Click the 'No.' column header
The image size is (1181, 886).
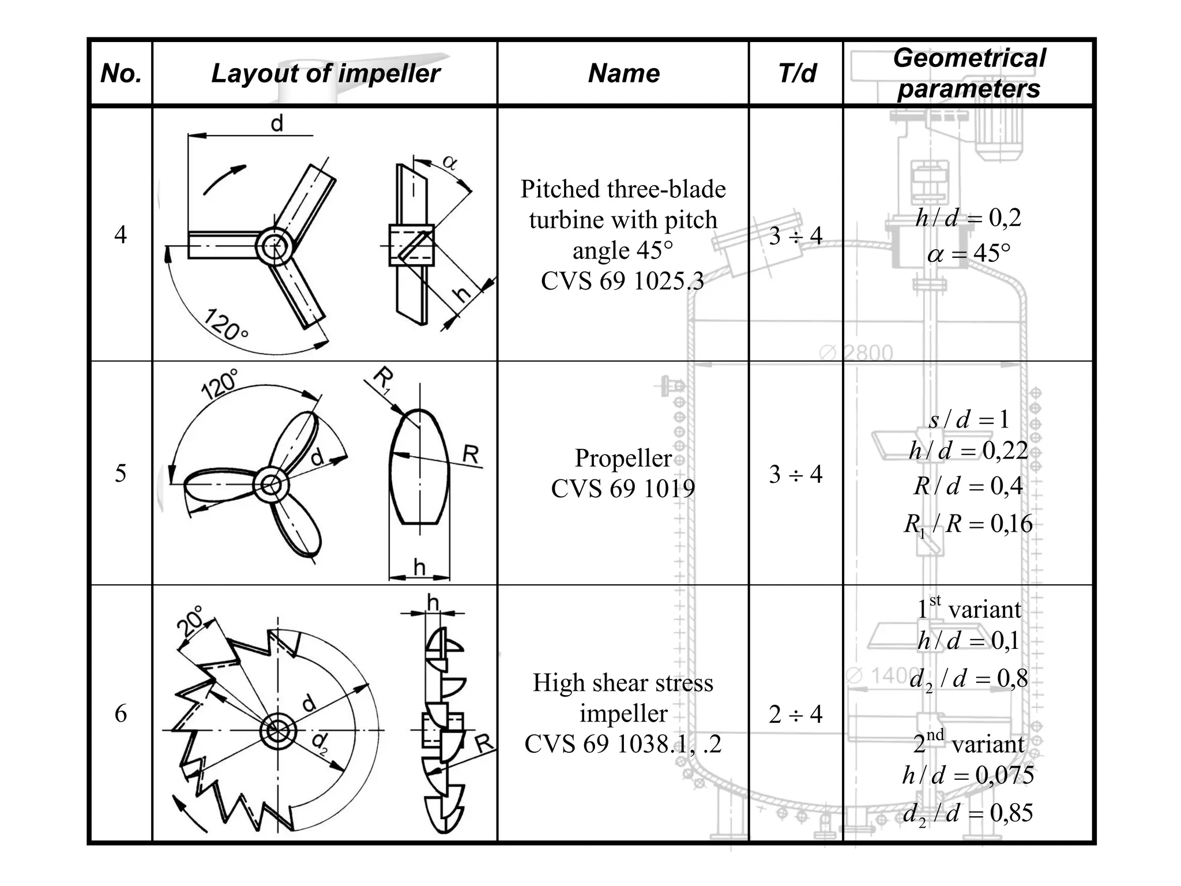click(x=121, y=73)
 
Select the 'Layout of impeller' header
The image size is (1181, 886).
click(x=325, y=73)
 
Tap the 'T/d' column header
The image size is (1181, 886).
click(x=797, y=73)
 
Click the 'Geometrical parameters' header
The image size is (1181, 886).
click(x=969, y=73)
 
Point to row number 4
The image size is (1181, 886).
click(x=121, y=235)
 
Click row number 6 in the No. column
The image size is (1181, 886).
click(x=121, y=714)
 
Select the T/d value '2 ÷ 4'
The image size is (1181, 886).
click(x=796, y=714)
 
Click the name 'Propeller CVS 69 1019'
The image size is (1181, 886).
click(x=623, y=473)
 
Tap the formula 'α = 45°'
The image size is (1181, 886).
click(x=969, y=253)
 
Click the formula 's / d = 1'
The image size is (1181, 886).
click(x=969, y=419)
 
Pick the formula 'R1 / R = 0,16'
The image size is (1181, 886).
click(x=969, y=524)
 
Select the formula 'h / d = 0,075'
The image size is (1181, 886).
click(x=969, y=775)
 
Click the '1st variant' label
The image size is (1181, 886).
click(x=969, y=609)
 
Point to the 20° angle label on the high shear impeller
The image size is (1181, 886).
click(x=191, y=621)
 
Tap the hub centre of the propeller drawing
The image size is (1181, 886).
click(x=272, y=485)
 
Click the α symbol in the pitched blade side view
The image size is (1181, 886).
click(x=450, y=163)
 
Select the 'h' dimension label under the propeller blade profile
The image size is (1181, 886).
click(x=419, y=568)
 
